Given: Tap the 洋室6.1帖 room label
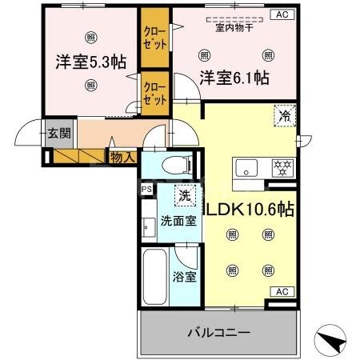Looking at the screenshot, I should click(x=234, y=78).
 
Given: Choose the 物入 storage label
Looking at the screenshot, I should click(x=122, y=158).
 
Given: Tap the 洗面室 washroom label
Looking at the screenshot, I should click(x=178, y=221).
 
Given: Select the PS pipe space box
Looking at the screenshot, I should click(x=146, y=190).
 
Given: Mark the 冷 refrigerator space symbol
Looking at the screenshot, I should click(x=285, y=115).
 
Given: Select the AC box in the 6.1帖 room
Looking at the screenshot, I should click(x=282, y=14).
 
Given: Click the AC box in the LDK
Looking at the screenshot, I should click(x=282, y=291).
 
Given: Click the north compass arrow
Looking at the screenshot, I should click(x=334, y=342).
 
